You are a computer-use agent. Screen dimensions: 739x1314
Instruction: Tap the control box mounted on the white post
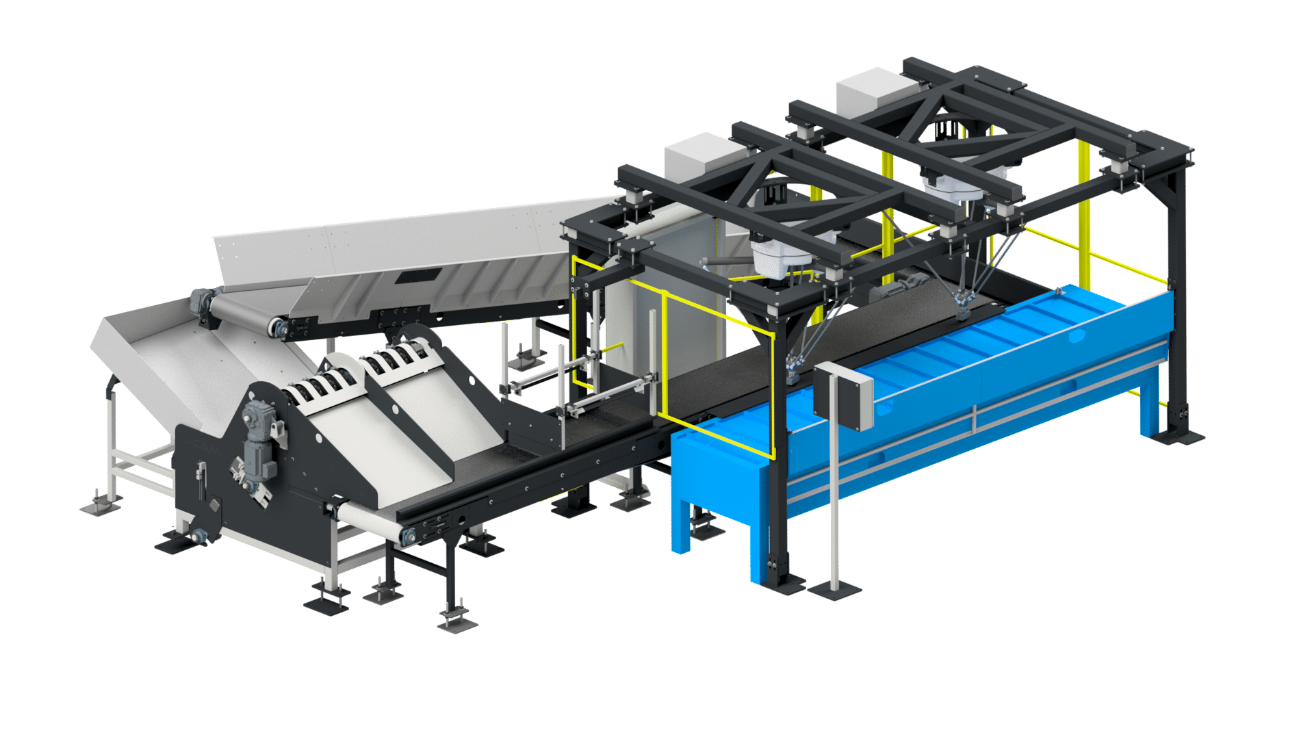click(x=842, y=396)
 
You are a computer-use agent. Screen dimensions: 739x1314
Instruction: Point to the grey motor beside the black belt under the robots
click(x=886, y=294)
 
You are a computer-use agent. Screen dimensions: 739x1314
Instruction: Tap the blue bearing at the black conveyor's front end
click(x=409, y=537)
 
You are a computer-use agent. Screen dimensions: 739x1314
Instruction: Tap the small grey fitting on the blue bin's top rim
click(x=1058, y=291)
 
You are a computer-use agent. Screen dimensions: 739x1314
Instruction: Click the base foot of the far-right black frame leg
click(x=1183, y=434)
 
